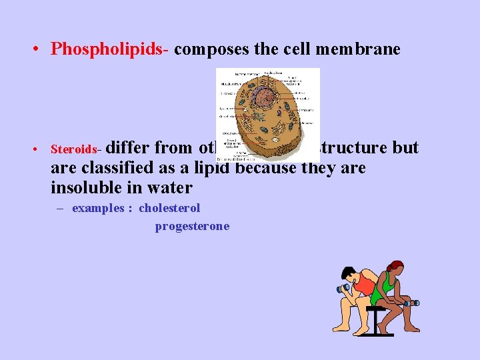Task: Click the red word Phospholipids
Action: tap(111, 49)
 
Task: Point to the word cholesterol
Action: tap(169, 208)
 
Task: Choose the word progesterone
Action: tap(192, 227)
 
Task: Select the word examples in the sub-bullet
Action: tap(98, 208)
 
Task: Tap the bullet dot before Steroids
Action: tap(41, 149)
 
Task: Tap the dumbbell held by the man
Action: tap(344, 289)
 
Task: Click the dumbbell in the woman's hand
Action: tap(411, 304)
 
